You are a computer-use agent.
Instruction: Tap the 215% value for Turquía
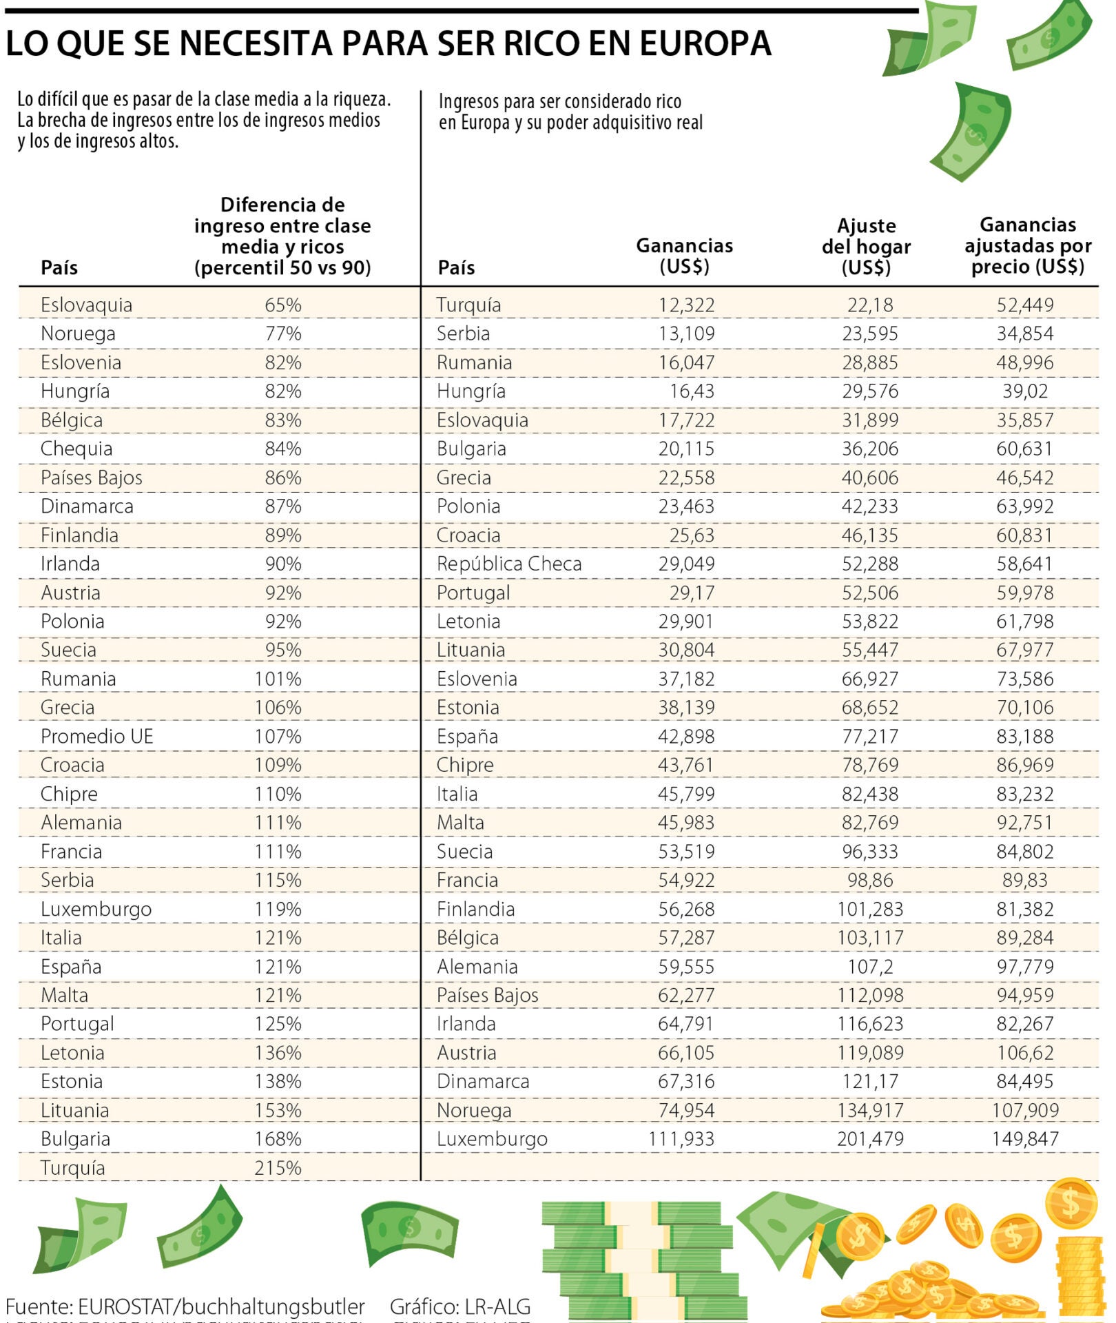278,1167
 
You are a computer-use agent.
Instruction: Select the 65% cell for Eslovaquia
283,305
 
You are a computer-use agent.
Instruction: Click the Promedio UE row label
96,736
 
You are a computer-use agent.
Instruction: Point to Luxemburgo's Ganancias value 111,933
681,1138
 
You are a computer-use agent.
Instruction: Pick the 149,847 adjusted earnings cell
1024,1138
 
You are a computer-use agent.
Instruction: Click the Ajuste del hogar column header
866,246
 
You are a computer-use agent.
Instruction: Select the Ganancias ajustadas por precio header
1027,245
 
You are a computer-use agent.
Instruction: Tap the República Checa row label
508,564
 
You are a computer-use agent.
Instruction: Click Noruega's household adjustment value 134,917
869,1110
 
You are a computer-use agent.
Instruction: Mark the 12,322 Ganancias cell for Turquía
686,305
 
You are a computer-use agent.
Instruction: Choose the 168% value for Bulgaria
278,1138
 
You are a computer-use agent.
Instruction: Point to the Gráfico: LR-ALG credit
459,1306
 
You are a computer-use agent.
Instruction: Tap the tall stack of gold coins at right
1080,1275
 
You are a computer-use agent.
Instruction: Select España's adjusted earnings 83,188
1024,736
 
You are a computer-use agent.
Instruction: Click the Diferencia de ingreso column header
282,236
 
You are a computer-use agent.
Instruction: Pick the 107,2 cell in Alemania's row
869,966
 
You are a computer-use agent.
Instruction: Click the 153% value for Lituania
278,1110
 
